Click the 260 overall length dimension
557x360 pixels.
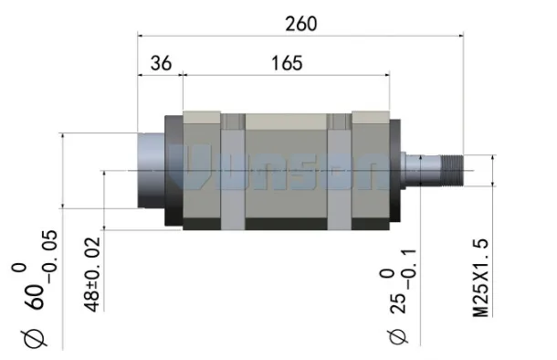coord(301,24)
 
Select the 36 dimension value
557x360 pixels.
coord(161,63)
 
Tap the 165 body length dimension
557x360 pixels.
coord(287,63)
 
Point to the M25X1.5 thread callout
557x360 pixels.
coord(481,278)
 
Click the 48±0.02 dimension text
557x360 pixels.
coord(92,274)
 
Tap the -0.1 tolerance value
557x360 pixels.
coord(409,269)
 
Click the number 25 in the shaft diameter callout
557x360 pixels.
coord(398,303)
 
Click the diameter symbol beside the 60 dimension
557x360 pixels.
coord(35,338)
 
